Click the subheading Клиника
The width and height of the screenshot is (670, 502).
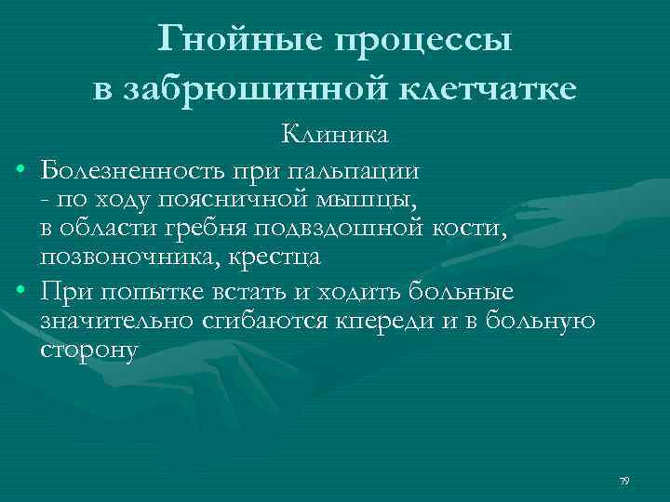click(x=336, y=136)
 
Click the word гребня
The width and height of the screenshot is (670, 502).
click(x=208, y=229)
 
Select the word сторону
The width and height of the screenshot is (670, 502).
click(x=89, y=350)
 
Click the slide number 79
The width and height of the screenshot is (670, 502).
click(x=624, y=480)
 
